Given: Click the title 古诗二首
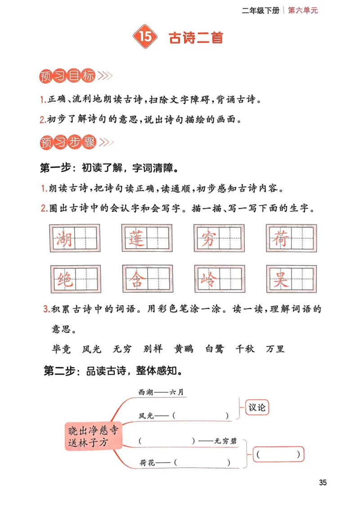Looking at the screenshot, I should (196, 38).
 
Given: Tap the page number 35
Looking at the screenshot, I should (323, 483).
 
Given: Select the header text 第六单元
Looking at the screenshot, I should (302, 10).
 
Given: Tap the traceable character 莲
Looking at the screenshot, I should (135, 238).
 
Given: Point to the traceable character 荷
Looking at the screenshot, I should (279, 238).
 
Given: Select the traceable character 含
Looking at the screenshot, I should (135, 279).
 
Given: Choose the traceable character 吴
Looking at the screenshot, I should (279, 279).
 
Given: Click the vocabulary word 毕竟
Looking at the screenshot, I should (62, 349).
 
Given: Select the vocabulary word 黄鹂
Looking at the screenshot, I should (184, 349).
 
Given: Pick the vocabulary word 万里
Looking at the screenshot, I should (275, 349).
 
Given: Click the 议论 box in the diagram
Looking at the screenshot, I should (257, 407).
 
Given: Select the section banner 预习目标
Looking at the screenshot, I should (67, 76).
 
